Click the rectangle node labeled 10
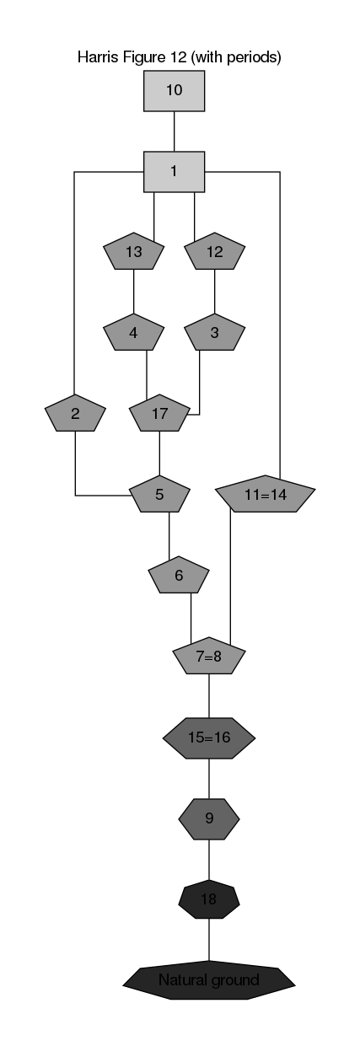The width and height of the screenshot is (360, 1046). (x=174, y=90)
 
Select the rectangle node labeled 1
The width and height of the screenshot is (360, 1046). (x=174, y=171)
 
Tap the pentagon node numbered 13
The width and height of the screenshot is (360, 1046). (x=133, y=251)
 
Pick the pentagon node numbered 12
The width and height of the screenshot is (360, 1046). (x=214, y=251)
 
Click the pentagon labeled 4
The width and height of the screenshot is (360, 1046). (x=133, y=332)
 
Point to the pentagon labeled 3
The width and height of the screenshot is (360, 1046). (x=214, y=332)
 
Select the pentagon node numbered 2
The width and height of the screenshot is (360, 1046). (x=75, y=413)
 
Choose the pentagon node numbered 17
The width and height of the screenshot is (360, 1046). (x=159, y=413)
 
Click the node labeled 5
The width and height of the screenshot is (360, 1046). (x=159, y=494)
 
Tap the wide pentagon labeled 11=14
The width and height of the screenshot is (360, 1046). (x=266, y=494)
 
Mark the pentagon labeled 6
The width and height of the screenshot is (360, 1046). (x=179, y=575)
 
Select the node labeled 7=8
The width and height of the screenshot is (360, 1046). (x=209, y=656)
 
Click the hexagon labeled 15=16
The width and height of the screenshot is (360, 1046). (x=209, y=738)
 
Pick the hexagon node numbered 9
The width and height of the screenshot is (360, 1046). (x=209, y=818)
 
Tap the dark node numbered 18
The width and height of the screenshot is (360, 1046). (x=209, y=899)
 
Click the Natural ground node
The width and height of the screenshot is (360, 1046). (x=209, y=980)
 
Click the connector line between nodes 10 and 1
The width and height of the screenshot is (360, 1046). (x=175, y=131)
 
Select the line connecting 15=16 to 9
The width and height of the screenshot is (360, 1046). (x=209, y=779)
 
